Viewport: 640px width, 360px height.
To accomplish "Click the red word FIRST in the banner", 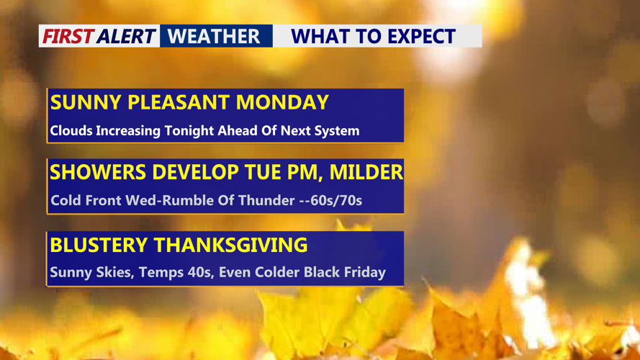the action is [x=68, y=36].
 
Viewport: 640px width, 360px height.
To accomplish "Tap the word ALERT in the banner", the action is [x=126, y=36].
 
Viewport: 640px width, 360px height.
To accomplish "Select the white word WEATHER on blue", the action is [x=214, y=36].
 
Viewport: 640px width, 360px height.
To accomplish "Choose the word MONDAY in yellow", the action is [x=282, y=102].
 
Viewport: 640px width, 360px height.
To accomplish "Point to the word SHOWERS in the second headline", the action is [x=98, y=172].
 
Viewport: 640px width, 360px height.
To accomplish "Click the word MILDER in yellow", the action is [x=366, y=172].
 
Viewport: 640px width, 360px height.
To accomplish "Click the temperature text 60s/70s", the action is [x=336, y=200].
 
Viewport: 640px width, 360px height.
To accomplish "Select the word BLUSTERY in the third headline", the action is [x=99, y=245].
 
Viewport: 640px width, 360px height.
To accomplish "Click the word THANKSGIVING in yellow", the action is [x=231, y=245].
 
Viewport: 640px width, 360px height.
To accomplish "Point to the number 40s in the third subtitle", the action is [x=202, y=272].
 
